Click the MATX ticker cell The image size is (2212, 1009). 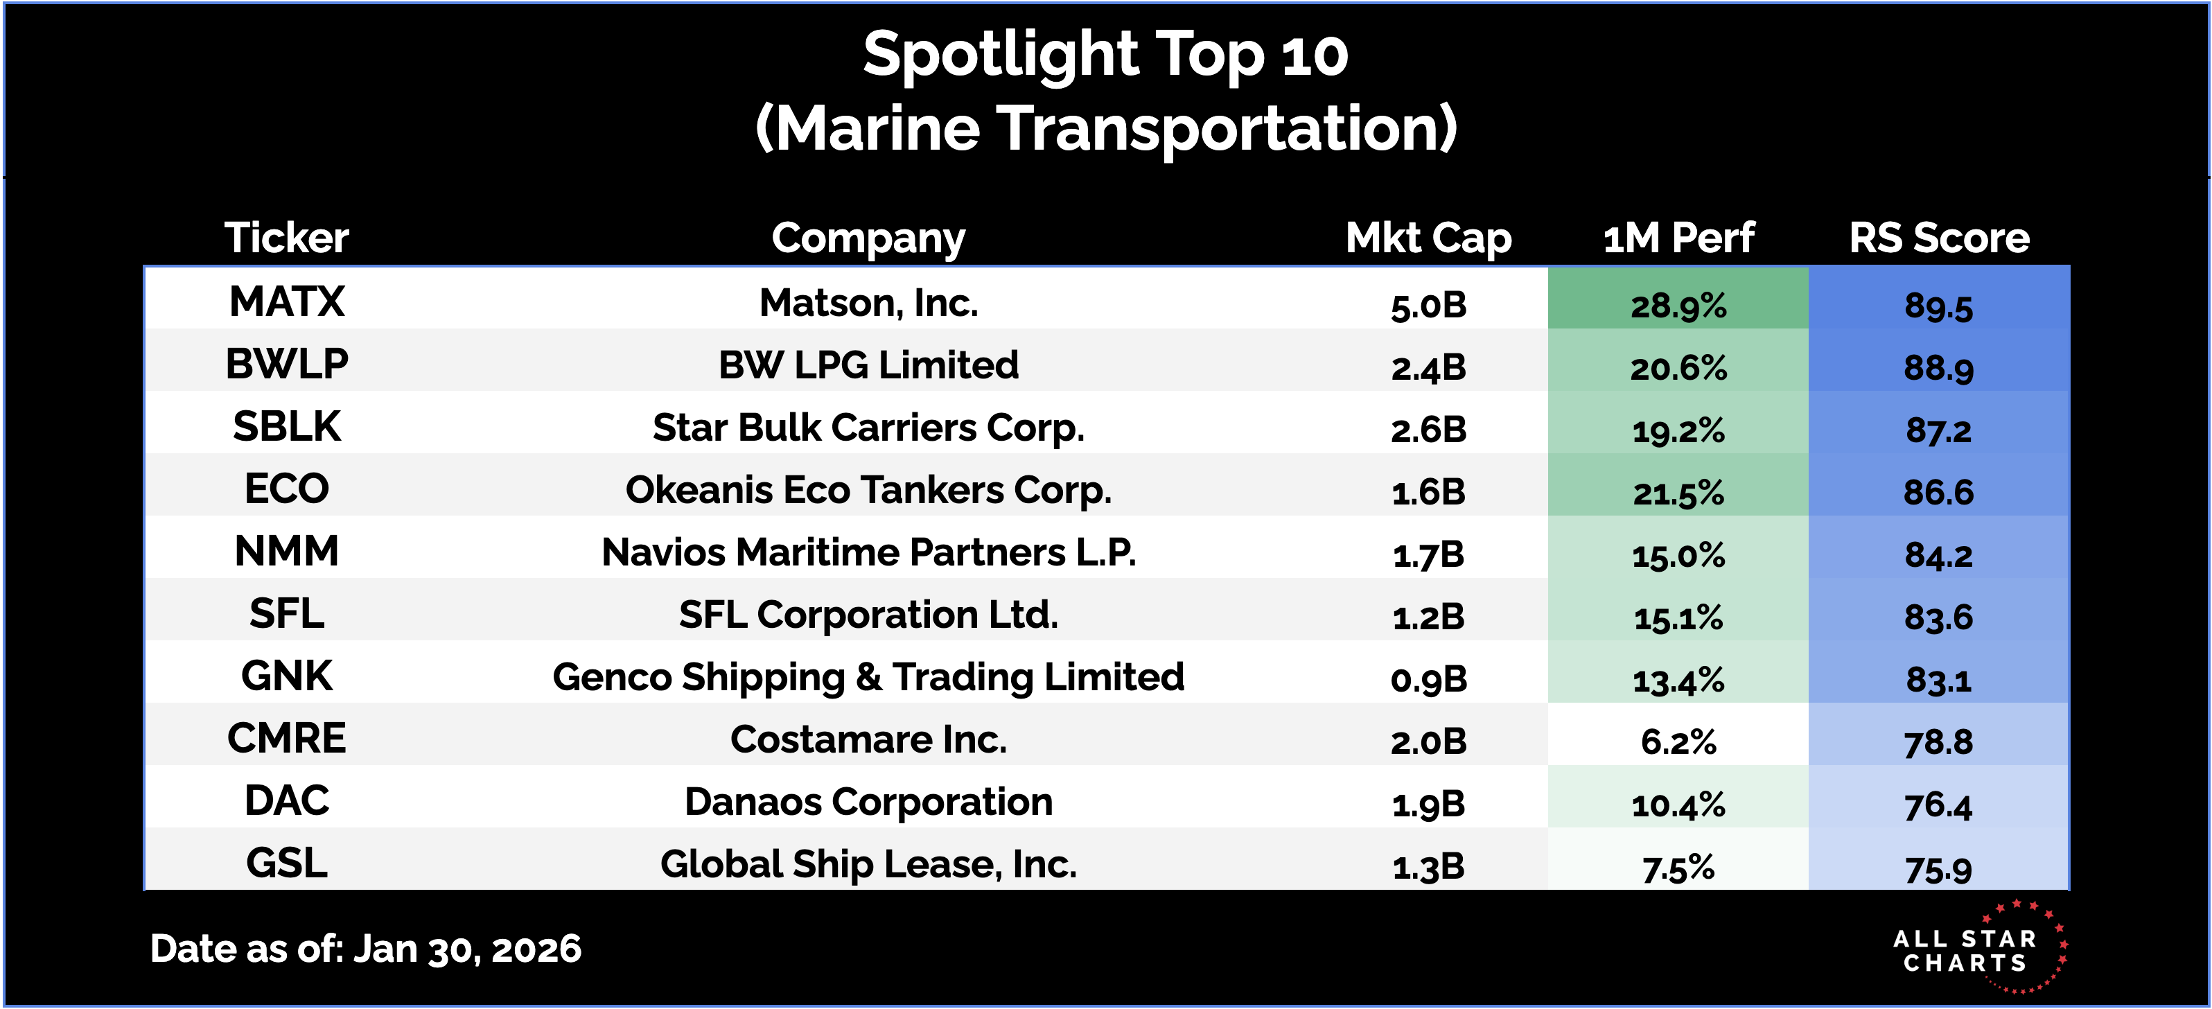(287, 302)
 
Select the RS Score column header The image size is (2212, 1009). (1938, 238)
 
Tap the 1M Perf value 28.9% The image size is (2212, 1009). (1678, 306)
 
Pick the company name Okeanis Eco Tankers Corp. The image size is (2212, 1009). (868, 491)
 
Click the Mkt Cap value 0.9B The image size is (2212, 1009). (1428, 680)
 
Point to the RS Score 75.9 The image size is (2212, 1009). (1938, 869)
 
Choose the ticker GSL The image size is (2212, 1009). (287, 863)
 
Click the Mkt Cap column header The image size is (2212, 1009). (1428, 238)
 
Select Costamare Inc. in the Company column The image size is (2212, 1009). (868, 739)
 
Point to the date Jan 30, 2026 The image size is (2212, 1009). (467, 949)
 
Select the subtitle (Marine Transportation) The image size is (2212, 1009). (1106, 129)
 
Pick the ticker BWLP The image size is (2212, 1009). (287, 364)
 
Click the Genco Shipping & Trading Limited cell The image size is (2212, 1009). (868, 676)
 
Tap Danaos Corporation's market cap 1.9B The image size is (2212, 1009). (1428, 805)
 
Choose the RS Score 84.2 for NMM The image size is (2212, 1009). (1938, 554)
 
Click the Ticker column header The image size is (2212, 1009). (287, 238)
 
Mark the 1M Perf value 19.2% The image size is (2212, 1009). (1678, 430)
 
